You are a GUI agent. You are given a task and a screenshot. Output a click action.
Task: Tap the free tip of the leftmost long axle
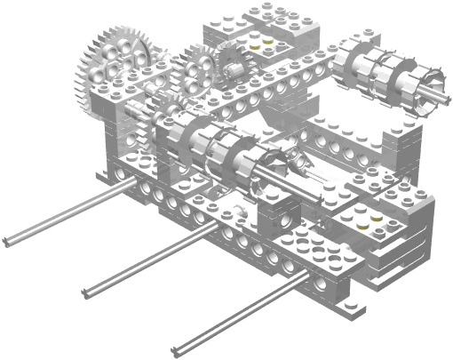coord(7,241)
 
